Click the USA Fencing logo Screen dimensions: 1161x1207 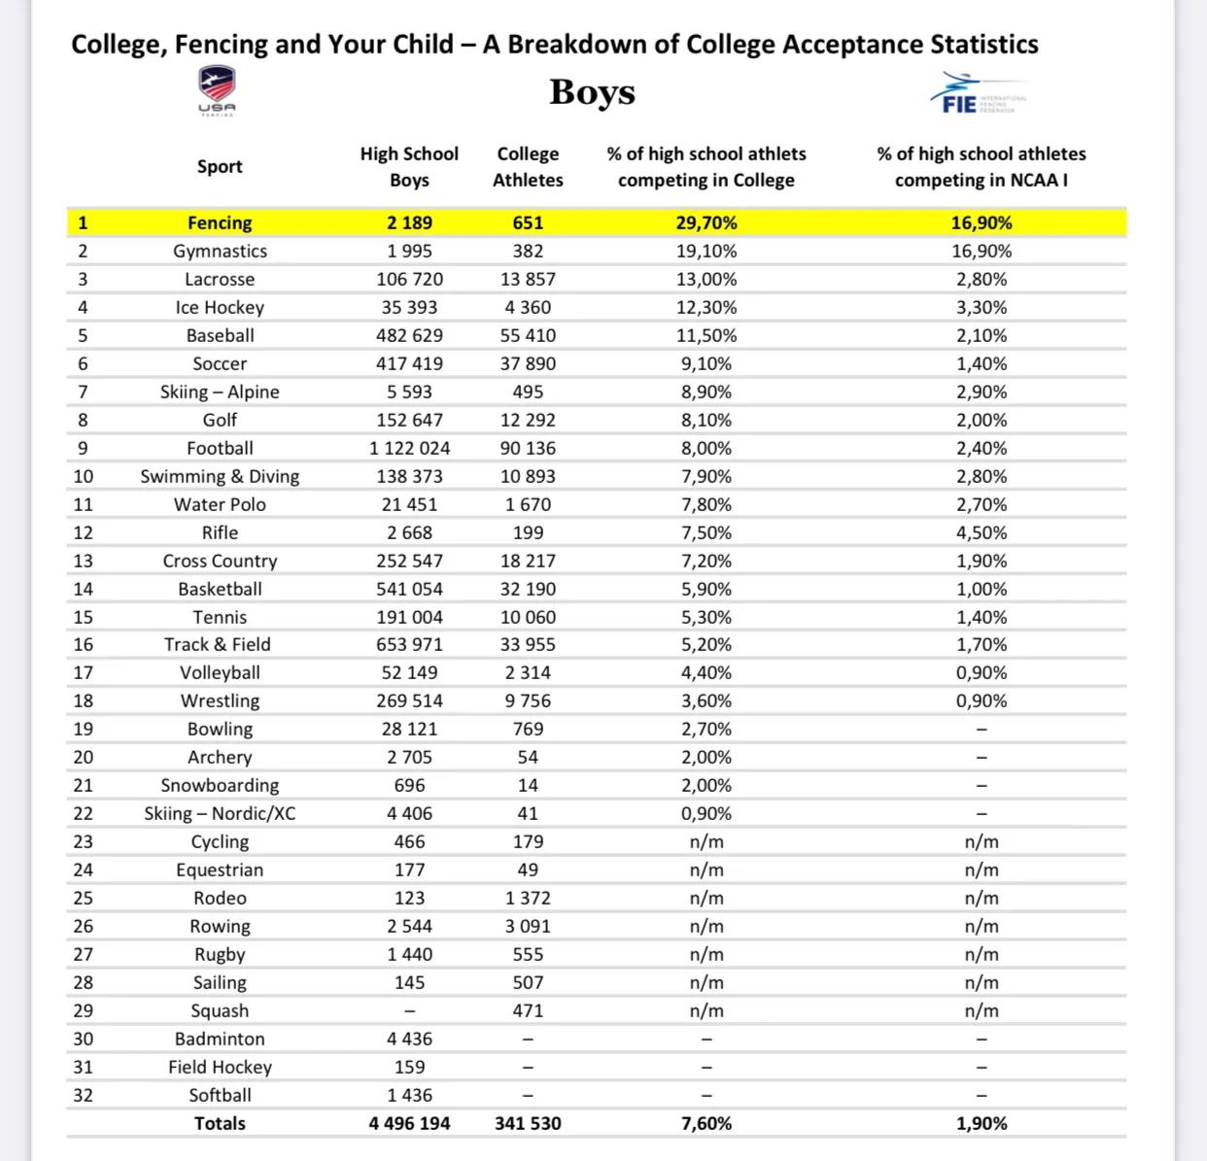pyautogui.click(x=217, y=89)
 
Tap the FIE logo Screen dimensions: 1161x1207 pyautogui.click(x=978, y=93)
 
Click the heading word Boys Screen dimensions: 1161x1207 pyautogui.click(x=592, y=91)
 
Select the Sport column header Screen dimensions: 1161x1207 pyautogui.click(x=220, y=166)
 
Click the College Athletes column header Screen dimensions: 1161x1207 pyautogui.click(x=528, y=166)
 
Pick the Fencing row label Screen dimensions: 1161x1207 pyautogui.click(x=220, y=222)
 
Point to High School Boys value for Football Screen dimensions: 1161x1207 pyautogui.click(x=409, y=448)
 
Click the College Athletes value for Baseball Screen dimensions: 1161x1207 pyautogui.click(x=528, y=335)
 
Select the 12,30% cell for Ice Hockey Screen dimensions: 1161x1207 pyautogui.click(x=707, y=307)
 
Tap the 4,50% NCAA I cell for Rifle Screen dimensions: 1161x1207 pyautogui.click(x=981, y=532)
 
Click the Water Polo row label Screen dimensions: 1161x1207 pyautogui.click(x=220, y=504)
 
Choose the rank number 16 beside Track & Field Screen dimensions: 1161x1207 pyautogui.click(x=84, y=644)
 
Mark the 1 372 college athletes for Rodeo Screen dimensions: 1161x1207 pyautogui.click(x=528, y=898)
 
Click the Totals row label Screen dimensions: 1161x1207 pyautogui.click(x=220, y=1123)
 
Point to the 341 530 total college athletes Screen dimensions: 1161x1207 pyautogui.click(x=528, y=1123)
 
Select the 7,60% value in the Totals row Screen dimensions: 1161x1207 pyautogui.click(x=707, y=1123)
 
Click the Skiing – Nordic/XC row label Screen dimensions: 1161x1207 pyautogui.click(x=220, y=813)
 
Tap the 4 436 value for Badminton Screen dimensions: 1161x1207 pyautogui.click(x=409, y=1039)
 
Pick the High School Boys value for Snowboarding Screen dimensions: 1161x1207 pyautogui.click(x=409, y=785)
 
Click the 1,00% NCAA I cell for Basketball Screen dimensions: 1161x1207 pyautogui.click(x=981, y=589)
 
